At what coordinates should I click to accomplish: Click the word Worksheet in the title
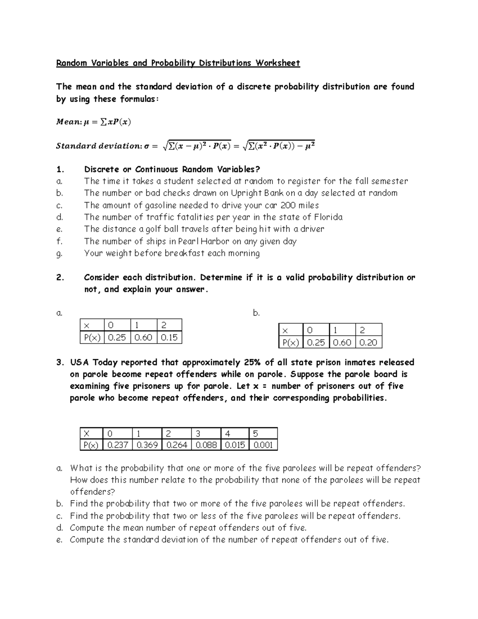278,63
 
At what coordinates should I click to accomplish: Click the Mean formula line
93,122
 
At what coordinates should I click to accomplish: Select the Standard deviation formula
185,146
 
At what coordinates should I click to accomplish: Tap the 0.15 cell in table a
169,338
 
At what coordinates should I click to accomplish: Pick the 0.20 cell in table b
368,342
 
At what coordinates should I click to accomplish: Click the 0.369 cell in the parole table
147,445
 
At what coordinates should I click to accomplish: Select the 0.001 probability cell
263,445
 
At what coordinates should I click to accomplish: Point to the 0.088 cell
206,445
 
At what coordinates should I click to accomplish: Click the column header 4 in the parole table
227,434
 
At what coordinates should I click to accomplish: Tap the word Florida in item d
328,217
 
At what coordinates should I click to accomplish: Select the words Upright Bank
258,193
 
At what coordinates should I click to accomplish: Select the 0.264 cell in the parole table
176,445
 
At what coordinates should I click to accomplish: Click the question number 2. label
60,277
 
